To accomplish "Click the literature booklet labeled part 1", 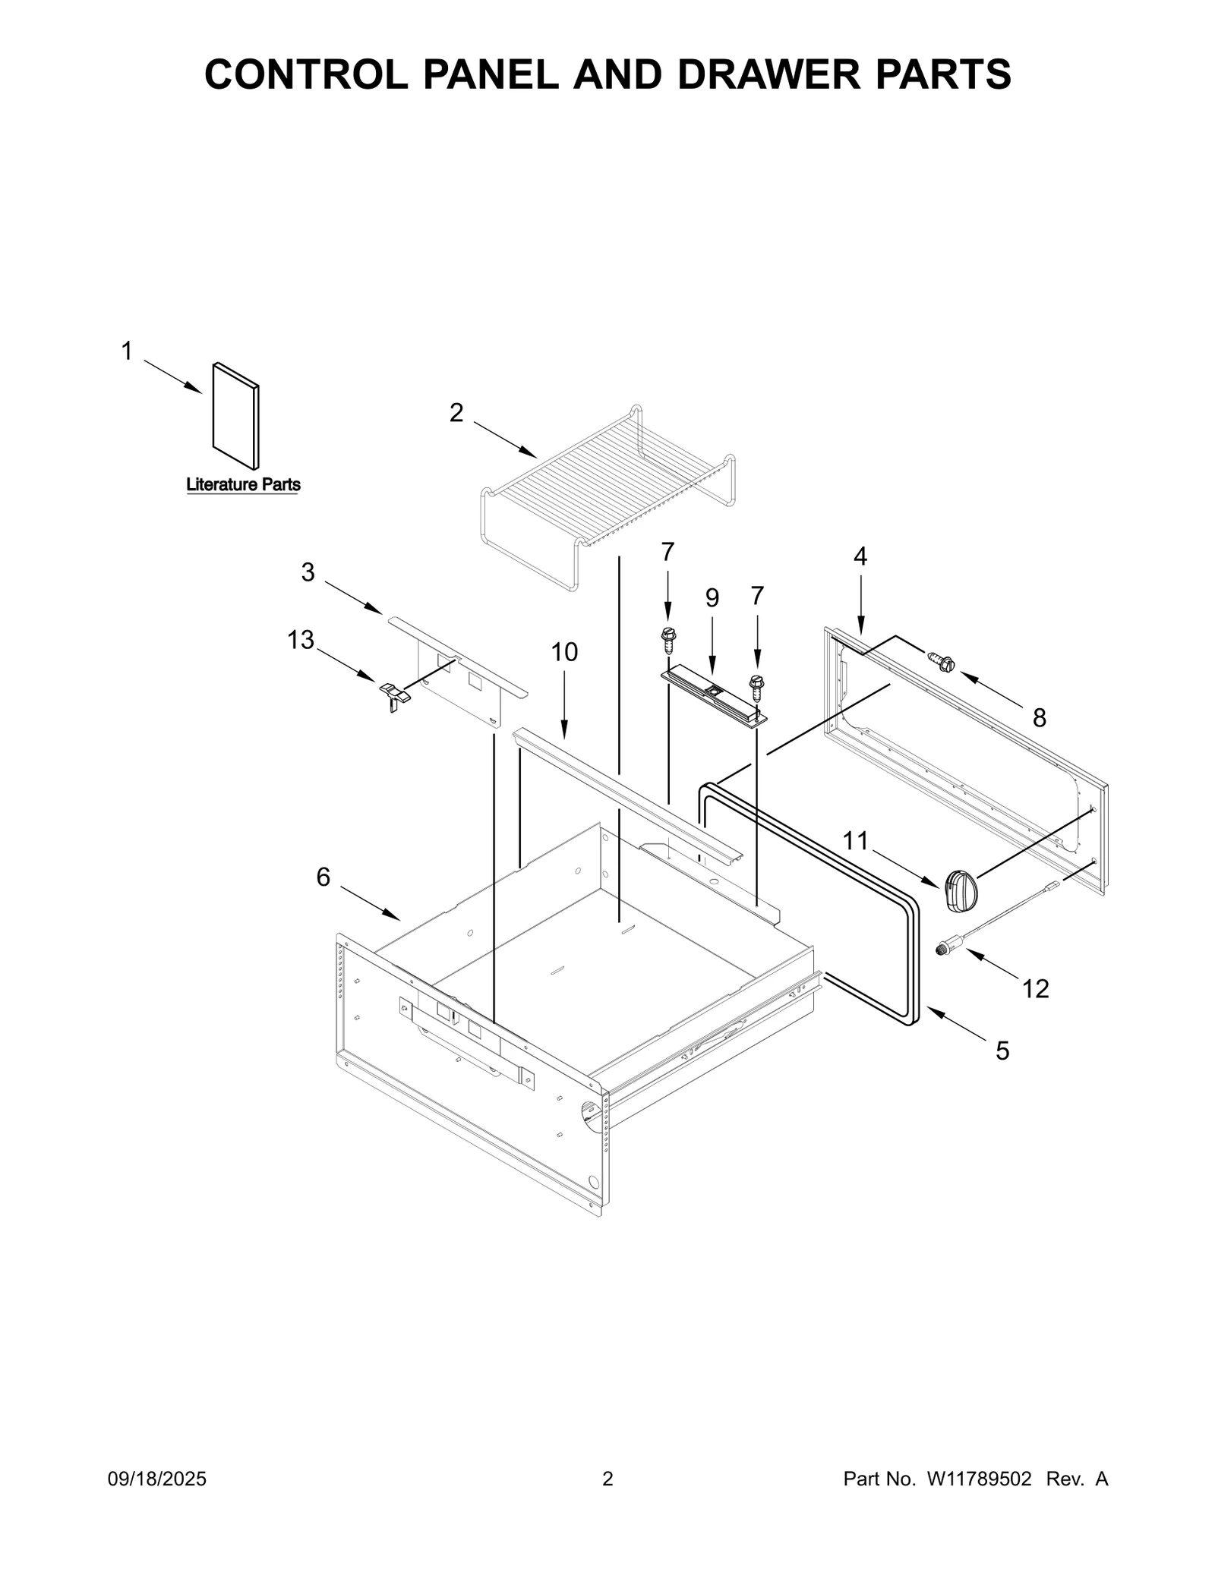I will (235, 415).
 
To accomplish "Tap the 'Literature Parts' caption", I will (243, 484).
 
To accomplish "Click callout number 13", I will (301, 640).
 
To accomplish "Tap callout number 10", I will (564, 651).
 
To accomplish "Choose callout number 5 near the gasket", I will (1002, 1051).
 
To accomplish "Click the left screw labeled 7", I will (668, 640).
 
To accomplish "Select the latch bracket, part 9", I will (714, 695).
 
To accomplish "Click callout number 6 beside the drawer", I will (323, 877).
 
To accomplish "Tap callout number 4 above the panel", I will (860, 556).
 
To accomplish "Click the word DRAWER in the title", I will (766, 74).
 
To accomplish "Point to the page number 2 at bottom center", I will (607, 1479).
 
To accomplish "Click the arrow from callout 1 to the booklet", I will (173, 376).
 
